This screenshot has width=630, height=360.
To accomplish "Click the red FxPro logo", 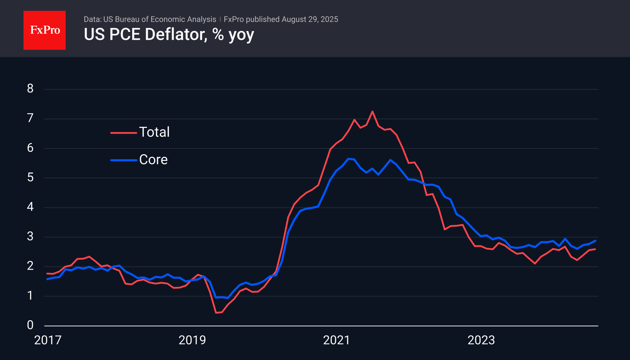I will point(45,30).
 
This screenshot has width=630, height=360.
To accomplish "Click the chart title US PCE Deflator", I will point(169,35).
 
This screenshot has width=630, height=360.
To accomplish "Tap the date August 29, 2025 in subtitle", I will point(310,19).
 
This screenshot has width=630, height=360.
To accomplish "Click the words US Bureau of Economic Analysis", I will point(160,19).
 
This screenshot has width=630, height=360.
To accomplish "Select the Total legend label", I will point(154,132).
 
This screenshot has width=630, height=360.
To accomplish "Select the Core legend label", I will point(153,160).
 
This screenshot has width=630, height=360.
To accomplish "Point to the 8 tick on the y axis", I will point(30,88).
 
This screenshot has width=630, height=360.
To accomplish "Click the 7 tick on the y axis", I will point(30,118).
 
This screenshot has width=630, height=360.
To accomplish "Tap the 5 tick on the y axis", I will point(30,177).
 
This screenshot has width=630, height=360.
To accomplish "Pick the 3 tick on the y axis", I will point(30,237).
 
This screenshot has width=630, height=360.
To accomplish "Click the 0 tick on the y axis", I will point(30,325).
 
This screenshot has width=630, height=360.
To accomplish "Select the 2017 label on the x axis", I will point(48,340).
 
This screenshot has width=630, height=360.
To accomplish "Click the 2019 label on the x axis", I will point(192,340).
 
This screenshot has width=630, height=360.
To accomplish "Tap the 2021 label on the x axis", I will point(336,340).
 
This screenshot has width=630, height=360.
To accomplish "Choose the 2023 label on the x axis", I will point(481,340).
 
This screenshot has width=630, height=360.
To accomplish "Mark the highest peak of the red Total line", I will point(373,111).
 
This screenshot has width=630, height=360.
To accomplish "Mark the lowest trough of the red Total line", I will point(216,313).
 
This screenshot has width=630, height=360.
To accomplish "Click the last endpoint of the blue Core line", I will point(595,241).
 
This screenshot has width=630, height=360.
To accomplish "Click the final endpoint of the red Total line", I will point(595,249).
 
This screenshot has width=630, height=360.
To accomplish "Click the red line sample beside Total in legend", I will point(123,133).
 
